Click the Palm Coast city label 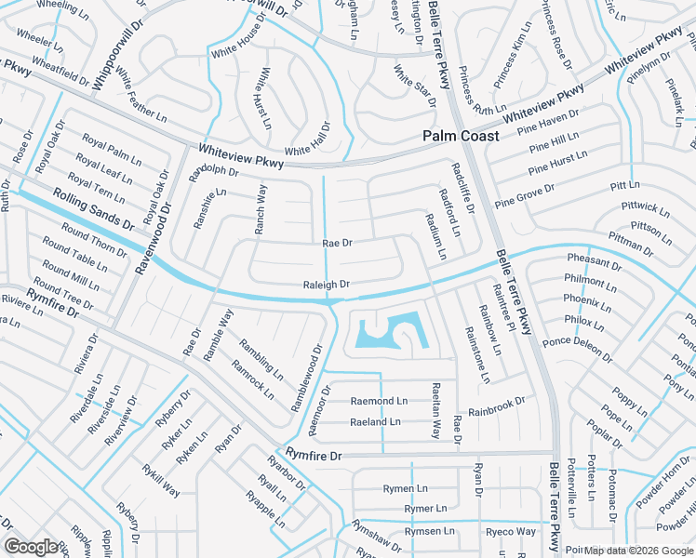(460, 136)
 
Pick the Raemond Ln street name (379, 401)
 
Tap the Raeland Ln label (375, 421)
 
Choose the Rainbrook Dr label (497, 406)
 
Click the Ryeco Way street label (511, 531)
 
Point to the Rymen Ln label (405, 488)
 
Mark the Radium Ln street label (436, 235)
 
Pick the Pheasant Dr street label (594, 263)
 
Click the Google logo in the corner (32, 547)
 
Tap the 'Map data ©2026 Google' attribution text (638, 550)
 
